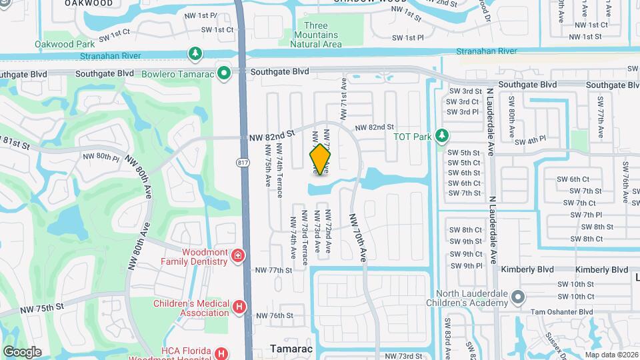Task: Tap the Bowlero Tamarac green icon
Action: coord(225,73)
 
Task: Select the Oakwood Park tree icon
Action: coord(195,52)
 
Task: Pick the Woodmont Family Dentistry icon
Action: coord(237,256)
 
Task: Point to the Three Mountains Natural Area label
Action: coord(316,35)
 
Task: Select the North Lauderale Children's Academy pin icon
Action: coord(519,295)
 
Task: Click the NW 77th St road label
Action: coord(273,271)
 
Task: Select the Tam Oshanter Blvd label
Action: coord(561,311)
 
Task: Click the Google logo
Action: coord(22,351)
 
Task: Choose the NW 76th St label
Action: coord(275,315)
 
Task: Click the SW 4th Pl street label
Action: coord(531,141)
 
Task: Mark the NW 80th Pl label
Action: coord(101,157)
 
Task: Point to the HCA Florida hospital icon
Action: coord(222,353)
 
